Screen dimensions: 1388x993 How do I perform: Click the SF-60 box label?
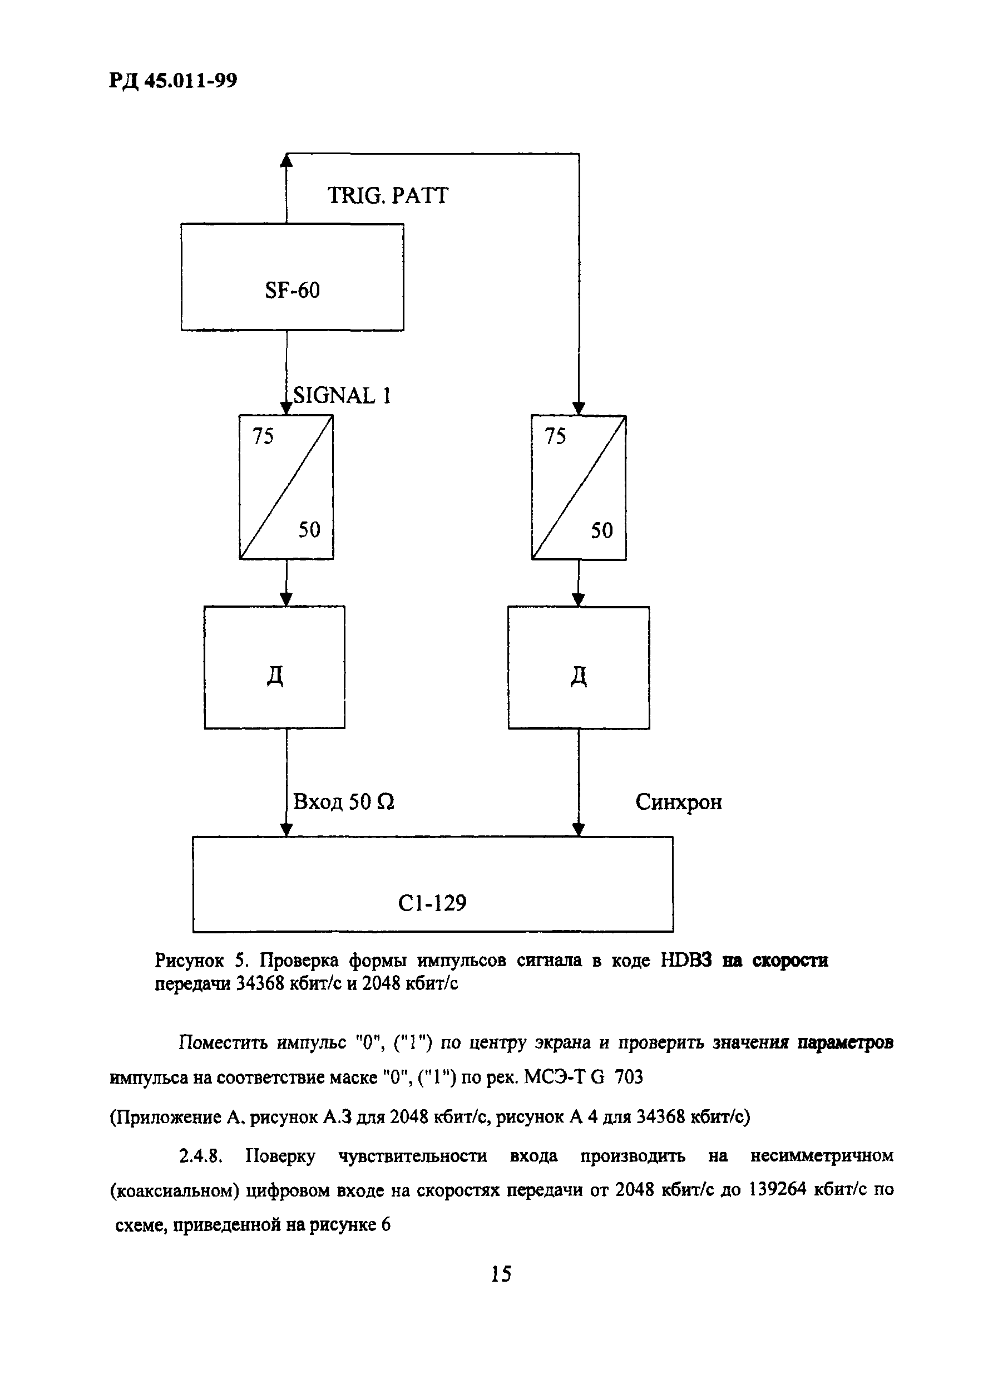292,290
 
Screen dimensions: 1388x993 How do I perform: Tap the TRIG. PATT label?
388,196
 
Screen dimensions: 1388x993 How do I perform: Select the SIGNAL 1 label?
342,396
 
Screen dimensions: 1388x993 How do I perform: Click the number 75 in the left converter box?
263,436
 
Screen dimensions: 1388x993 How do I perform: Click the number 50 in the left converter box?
309,530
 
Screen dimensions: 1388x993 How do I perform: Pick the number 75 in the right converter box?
555,436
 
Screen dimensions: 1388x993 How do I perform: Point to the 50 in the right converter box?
602,530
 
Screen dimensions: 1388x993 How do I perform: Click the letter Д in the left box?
275,676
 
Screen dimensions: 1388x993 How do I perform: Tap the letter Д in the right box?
579,677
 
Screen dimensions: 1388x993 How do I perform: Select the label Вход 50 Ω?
344,802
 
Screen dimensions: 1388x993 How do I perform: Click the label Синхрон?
679,802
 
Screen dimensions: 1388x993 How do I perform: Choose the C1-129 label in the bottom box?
432,902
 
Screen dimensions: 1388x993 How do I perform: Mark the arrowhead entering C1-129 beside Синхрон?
579,829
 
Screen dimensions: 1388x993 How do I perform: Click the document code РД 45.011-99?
174,81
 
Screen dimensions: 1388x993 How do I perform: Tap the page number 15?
501,1273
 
